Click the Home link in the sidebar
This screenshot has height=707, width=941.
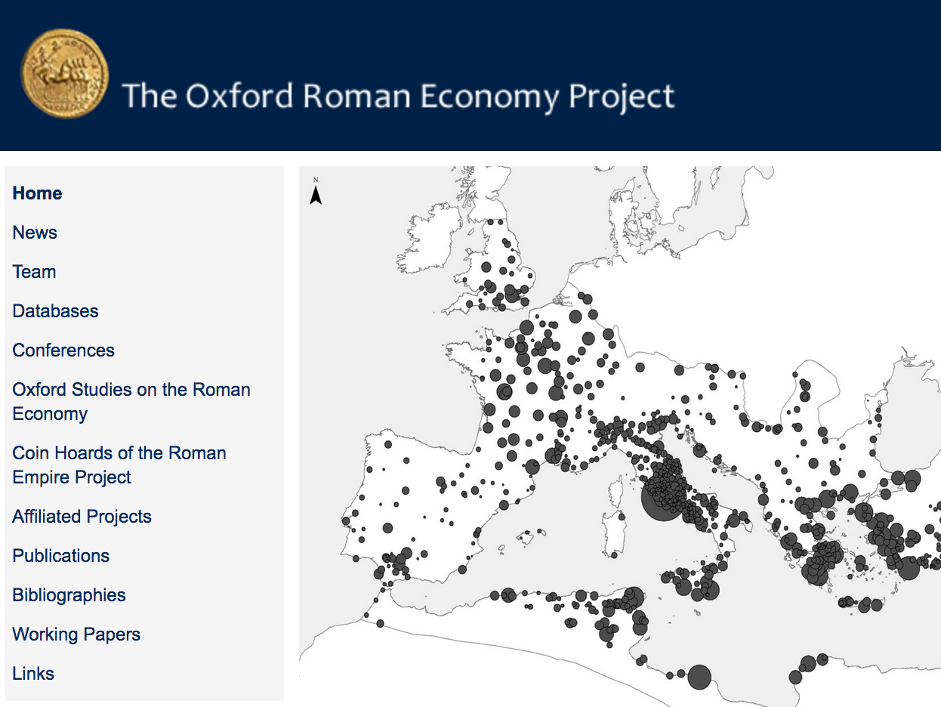click(x=37, y=193)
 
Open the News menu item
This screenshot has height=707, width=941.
click(x=35, y=233)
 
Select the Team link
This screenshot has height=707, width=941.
click(x=34, y=272)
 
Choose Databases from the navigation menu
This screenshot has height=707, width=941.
click(x=55, y=311)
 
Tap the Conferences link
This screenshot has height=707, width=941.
click(x=63, y=350)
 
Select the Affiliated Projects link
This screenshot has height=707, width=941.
click(x=82, y=517)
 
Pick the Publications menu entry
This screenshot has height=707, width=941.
click(x=60, y=556)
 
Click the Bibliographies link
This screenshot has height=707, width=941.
click(x=69, y=595)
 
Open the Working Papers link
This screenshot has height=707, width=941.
click(x=76, y=634)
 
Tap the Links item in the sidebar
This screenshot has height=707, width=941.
click(x=33, y=674)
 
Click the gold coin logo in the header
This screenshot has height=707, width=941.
click(x=65, y=73)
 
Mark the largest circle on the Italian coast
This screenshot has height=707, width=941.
click(x=662, y=499)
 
